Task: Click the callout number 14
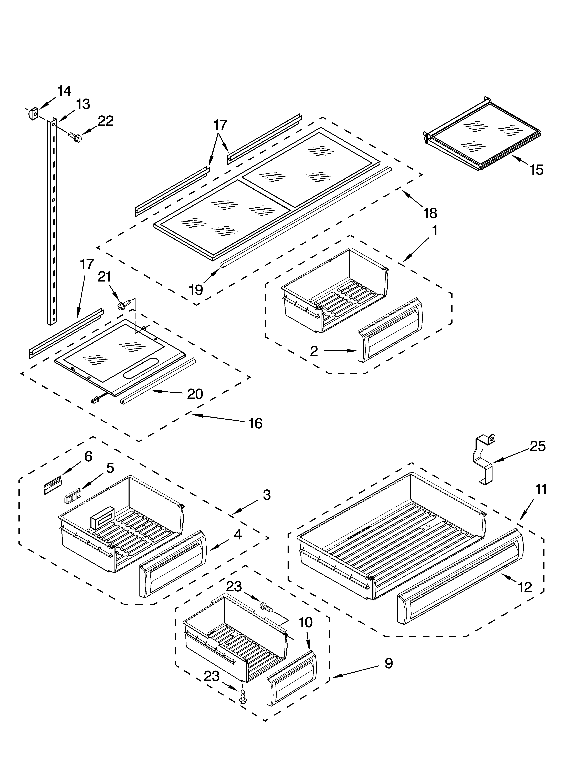click(64, 91)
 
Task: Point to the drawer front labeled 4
click(173, 566)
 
